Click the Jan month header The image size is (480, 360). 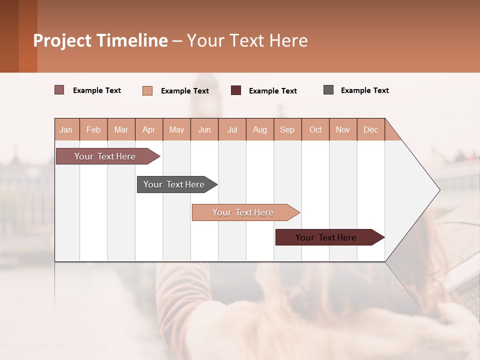(66, 129)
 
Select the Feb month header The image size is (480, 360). (93, 129)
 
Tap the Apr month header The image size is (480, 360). (148, 129)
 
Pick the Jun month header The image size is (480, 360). (204, 129)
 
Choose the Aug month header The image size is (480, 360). (259, 129)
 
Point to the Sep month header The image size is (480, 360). (287, 129)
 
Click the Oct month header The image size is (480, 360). (315, 129)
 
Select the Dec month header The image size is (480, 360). (370, 129)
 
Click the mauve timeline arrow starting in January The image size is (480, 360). (105, 156)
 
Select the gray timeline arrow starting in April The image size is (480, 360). (174, 184)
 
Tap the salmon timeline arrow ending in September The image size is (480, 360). (243, 212)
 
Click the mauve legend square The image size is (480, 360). (59, 90)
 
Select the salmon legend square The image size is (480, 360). (147, 90)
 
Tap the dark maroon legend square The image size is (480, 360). (236, 90)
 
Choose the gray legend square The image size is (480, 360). (328, 90)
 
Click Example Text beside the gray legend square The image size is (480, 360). (364, 90)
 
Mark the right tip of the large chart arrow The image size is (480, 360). (439, 190)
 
